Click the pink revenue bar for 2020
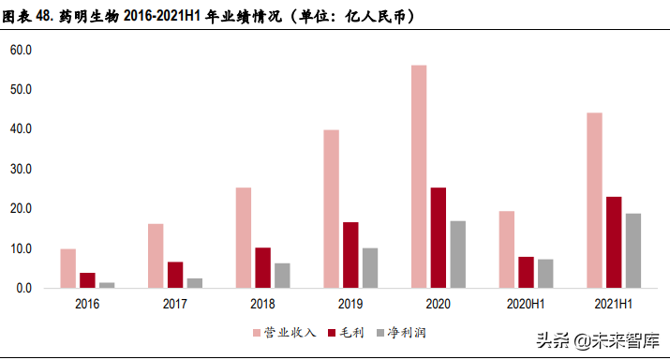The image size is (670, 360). pyautogui.click(x=419, y=176)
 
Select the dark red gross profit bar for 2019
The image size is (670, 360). pyautogui.click(x=350, y=255)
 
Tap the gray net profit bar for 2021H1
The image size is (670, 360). pyautogui.click(x=633, y=250)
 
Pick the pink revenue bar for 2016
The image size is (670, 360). pyautogui.click(x=68, y=268)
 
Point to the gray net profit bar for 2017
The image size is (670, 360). pyautogui.click(x=195, y=283)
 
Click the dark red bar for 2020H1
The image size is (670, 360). pyautogui.click(x=526, y=273)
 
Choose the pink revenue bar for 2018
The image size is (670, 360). pyautogui.click(x=244, y=238)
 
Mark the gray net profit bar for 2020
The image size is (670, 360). pyautogui.click(x=458, y=254)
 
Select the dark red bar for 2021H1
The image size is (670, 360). pyautogui.click(x=614, y=243)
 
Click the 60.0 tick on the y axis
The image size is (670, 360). pyautogui.click(x=21, y=50)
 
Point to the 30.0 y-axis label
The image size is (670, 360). pyautogui.click(x=21, y=169)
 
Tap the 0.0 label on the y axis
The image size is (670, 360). pyautogui.click(x=24, y=288)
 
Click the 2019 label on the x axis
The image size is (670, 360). pyautogui.click(x=350, y=304)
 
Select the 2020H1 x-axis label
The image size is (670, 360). pyautogui.click(x=526, y=304)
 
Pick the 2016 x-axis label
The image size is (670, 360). pyautogui.click(x=87, y=304)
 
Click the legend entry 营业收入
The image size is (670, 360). pyautogui.click(x=285, y=333)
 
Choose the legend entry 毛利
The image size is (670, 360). pyautogui.click(x=346, y=333)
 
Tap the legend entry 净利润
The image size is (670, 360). pyautogui.click(x=401, y=333)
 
